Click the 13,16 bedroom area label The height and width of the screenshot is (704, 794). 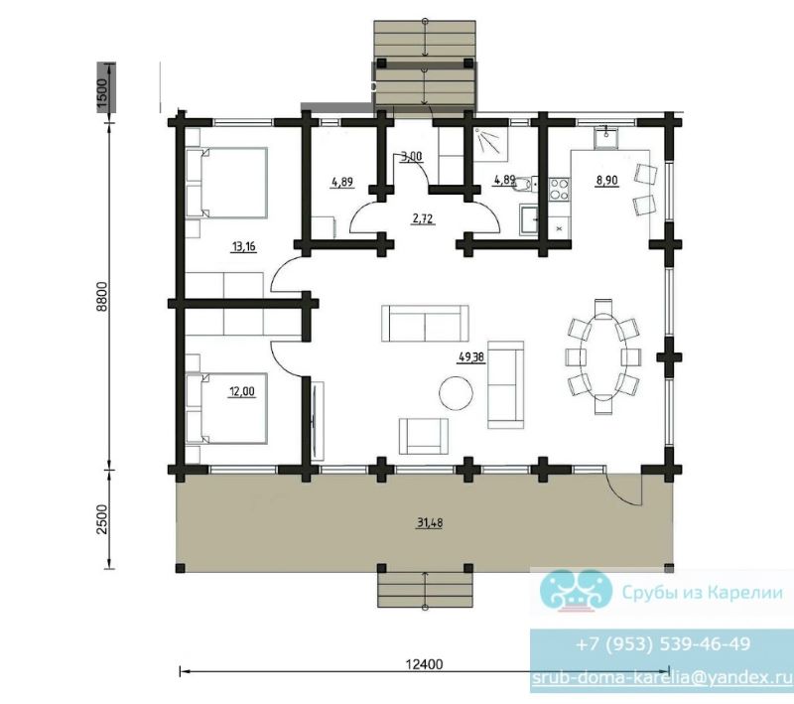(243, 247)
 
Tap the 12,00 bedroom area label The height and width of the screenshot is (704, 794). (242, 391)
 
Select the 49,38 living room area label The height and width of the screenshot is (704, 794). (471, 357)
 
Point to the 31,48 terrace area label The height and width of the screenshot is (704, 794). (430, 522)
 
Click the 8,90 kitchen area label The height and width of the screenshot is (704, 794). (606, 181)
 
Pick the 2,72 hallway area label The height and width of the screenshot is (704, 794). (423, 218)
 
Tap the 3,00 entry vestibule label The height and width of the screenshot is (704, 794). (411, 157)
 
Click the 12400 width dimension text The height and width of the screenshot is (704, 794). (425, 664)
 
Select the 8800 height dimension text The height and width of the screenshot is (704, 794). (102, 296)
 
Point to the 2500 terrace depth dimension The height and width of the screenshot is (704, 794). (102, 519)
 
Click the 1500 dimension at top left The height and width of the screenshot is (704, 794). (103, 93)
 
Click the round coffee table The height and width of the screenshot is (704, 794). (457, 392)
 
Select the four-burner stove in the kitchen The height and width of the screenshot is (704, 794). (560, 190)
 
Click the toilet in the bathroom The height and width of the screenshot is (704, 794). (526, 184)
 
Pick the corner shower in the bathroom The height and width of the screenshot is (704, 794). (491, 143)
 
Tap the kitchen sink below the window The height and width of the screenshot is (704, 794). (606, 138)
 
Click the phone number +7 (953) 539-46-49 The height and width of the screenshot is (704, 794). (663, 643)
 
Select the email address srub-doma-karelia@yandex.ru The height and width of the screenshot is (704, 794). (662, 677)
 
